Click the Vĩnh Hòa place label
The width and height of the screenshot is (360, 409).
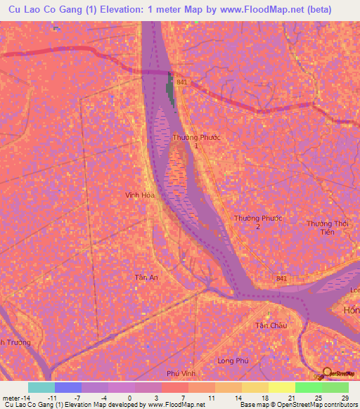click(139, 195)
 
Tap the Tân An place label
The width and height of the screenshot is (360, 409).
click(146, 278)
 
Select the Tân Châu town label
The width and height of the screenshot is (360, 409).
click(268, 325)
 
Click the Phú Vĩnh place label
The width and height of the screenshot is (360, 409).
click(181, 372)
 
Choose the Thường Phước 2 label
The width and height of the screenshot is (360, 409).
click(258, 222)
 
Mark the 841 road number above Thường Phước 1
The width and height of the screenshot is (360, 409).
click(183, 83)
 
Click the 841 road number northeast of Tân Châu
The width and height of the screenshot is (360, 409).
click(281, 279)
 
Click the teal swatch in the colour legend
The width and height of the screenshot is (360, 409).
click(41, 387)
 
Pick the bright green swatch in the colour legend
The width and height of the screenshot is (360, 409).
click(308, 387)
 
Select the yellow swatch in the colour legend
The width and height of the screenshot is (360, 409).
click(281, 387)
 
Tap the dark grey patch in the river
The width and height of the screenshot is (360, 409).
click(169, 91)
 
